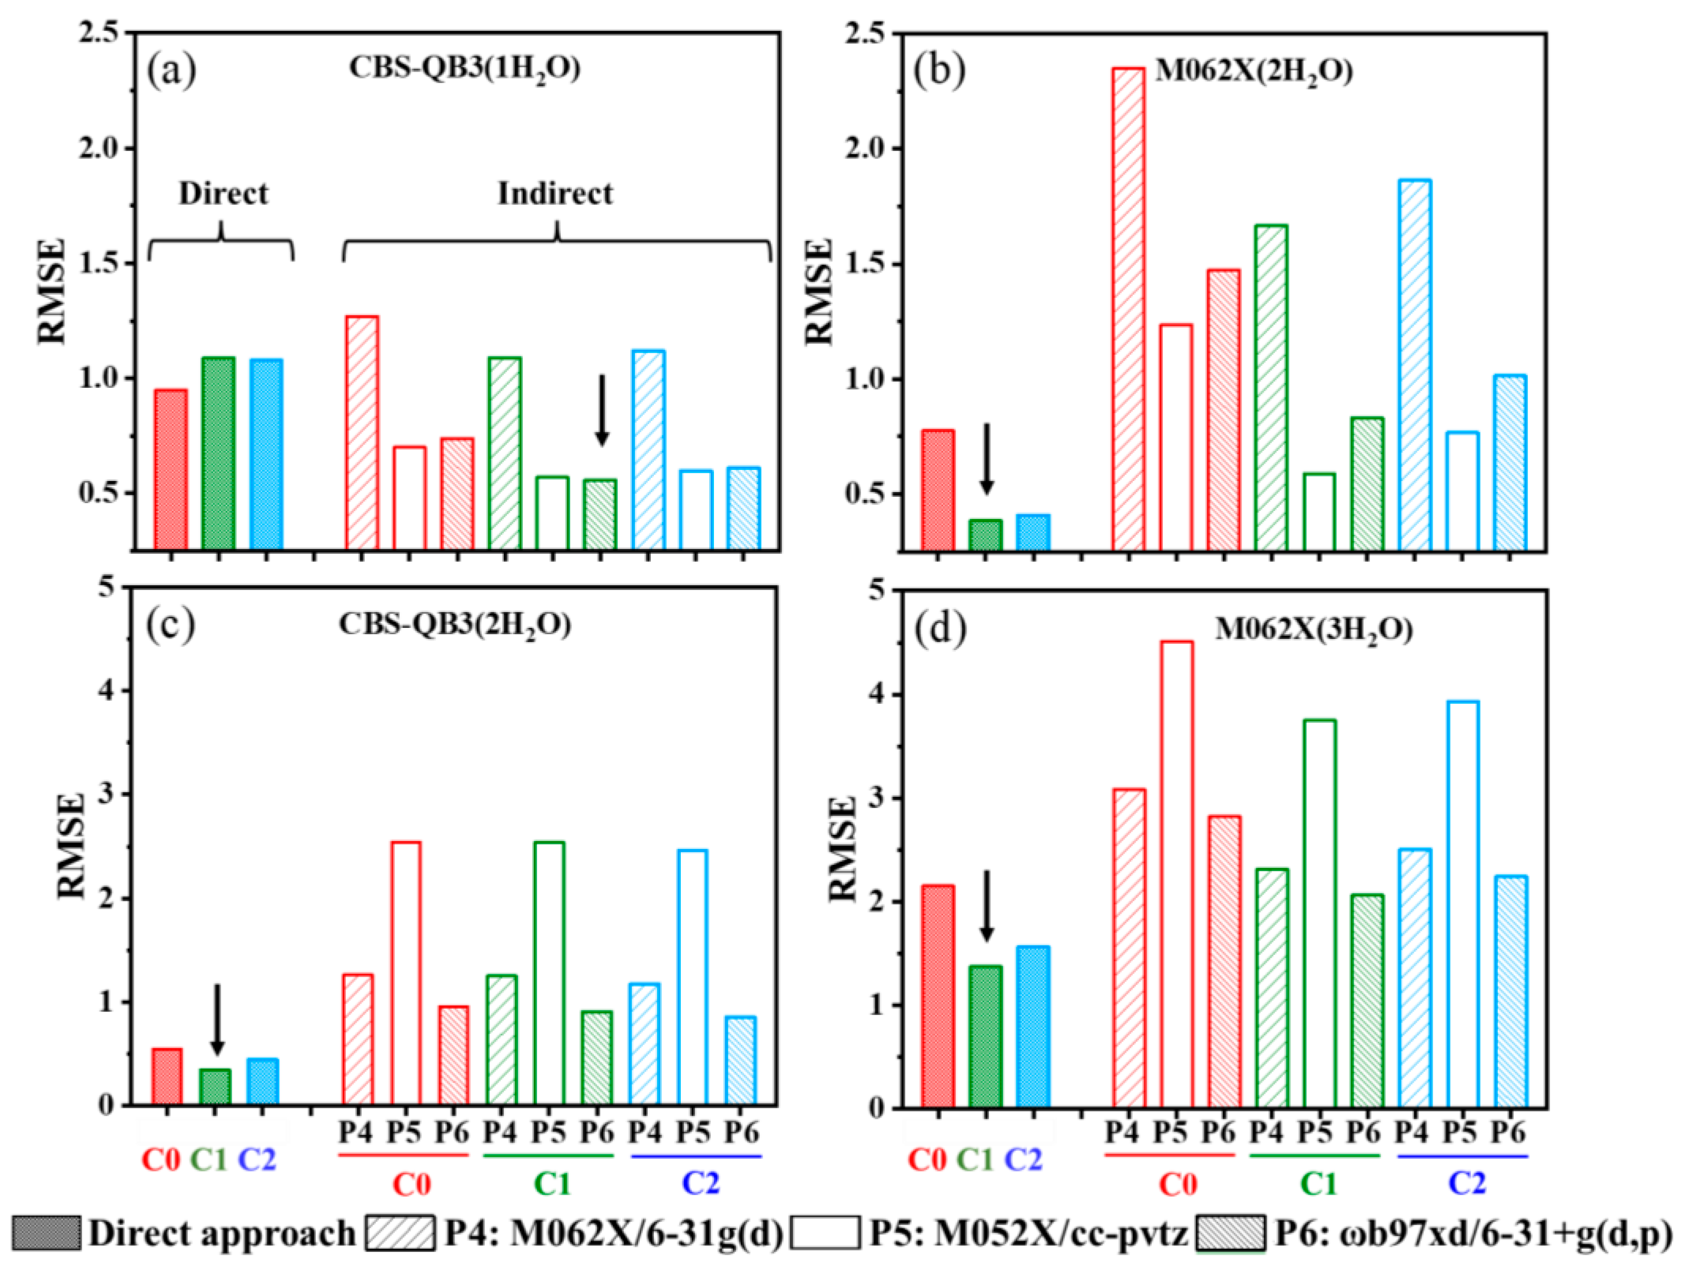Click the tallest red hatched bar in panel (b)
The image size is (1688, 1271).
1129,309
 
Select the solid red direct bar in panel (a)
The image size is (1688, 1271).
171,468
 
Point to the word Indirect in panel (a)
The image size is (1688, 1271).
555,194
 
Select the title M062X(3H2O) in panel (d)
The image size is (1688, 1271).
1313,630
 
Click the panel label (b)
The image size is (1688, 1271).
940,70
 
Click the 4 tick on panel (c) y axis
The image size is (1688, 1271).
107,691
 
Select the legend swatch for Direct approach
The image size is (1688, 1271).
46,1233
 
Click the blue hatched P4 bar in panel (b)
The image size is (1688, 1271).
1414,365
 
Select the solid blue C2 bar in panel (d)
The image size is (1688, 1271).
1033,1027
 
